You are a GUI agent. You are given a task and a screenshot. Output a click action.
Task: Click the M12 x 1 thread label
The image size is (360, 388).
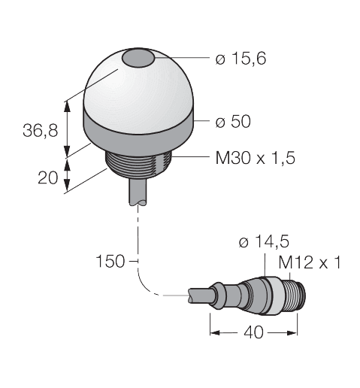(x=309, y=263)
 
